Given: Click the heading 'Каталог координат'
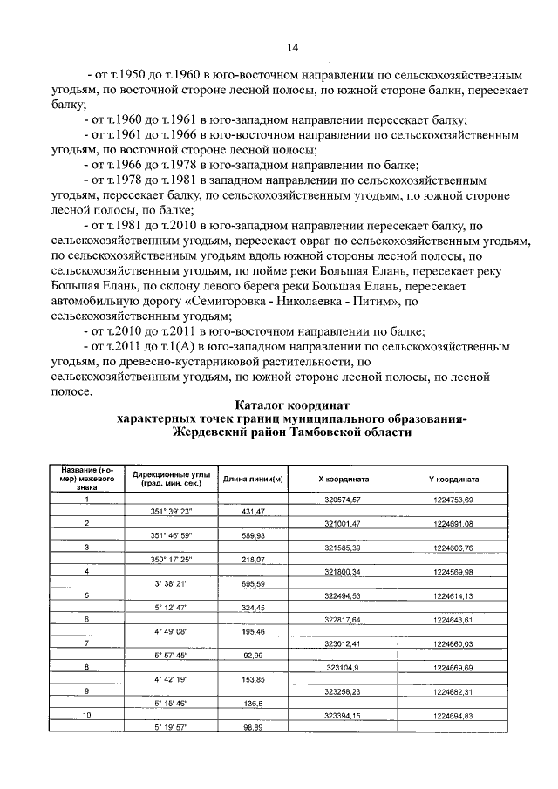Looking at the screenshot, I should (x=292, y=405).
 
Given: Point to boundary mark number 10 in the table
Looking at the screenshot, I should (x=86, y=714).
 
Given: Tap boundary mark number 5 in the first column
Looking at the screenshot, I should (x=86, y=595).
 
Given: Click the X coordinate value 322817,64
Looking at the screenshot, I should (x=343, y=618).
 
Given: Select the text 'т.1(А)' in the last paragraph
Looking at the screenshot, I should (x=174, y=346).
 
